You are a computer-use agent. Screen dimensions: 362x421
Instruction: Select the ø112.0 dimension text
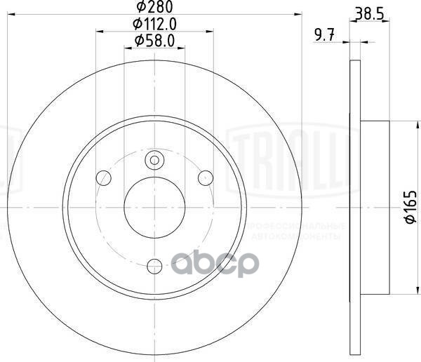click(154, 24)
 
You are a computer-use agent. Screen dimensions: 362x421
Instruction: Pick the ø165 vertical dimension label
click(406, 208)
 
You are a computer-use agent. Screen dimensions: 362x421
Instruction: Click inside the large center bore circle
click(154, 208)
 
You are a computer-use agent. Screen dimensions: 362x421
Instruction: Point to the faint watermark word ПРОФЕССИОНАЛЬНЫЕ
click(302, 227)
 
